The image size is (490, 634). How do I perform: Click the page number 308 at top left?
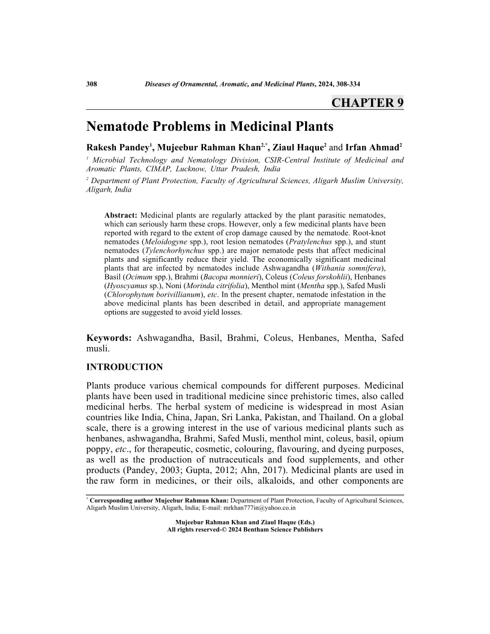pos(92,84)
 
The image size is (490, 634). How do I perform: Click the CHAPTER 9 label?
pos(367,103)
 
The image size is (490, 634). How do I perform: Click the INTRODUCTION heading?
pos(124,367)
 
